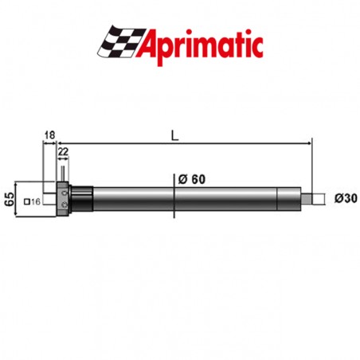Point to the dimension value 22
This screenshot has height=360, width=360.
point(64,151)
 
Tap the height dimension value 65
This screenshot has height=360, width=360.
point(10,198)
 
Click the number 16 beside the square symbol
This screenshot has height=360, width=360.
point(37,202)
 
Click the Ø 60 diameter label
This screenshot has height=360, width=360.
point(192,179)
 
